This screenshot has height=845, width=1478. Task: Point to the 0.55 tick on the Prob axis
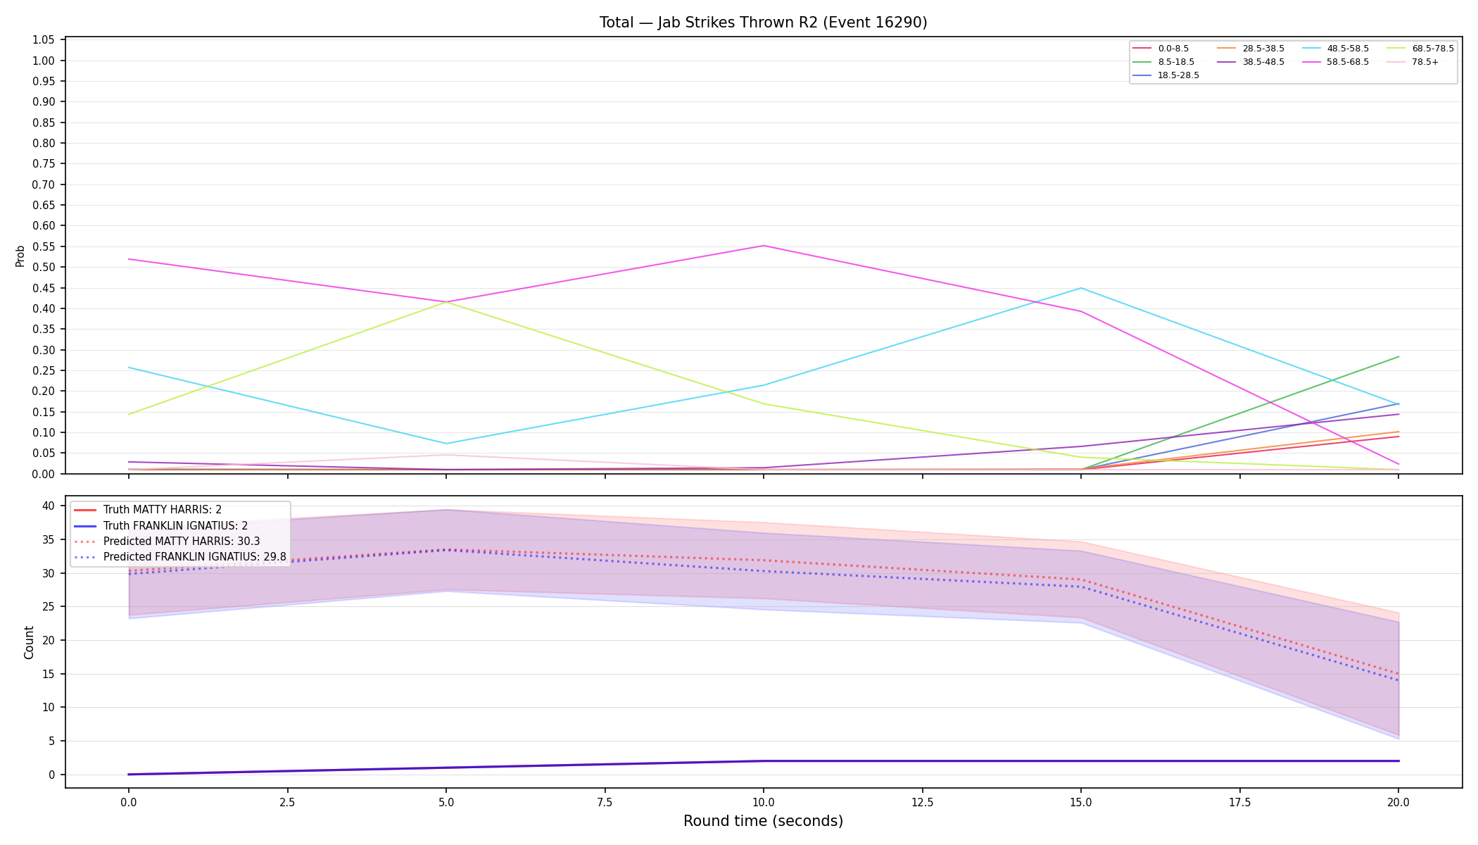pos(45,246)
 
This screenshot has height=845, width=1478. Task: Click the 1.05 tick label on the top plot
pos(45,40)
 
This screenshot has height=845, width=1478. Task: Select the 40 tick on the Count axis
pos(49,506)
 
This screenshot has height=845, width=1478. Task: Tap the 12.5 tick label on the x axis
pos(922,802)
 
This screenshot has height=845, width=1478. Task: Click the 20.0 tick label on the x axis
pos(1398,802)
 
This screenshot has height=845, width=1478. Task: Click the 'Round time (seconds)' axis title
pos(763,821)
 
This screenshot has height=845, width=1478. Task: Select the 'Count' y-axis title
pos(29,642)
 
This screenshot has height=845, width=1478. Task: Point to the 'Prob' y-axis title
pos(20,256)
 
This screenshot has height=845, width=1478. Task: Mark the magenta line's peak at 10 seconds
pos(764,246)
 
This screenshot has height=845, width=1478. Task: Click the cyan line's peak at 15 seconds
pos(1081,288)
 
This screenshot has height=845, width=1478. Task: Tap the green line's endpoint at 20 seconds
pos(1398,357)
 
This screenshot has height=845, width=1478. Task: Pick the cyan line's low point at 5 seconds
pos(446,444)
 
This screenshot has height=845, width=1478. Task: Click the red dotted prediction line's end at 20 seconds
pos(1398,674)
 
